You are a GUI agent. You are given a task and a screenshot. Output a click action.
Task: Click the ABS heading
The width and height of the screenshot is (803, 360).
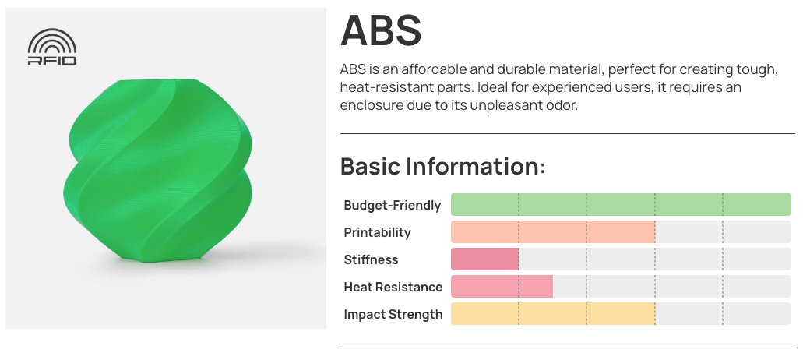(x=381, y=30)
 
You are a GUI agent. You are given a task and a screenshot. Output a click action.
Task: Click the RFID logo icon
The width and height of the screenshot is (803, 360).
(x=52, y=47)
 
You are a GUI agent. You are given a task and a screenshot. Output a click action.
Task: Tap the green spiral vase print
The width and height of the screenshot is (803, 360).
(x=159, y=171)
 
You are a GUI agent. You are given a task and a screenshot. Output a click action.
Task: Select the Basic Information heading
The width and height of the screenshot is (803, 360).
(x=443, y=167)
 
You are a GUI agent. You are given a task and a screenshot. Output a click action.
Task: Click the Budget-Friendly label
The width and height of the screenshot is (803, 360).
(x=393, y=206)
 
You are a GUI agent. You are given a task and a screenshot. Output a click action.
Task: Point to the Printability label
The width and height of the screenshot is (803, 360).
(x=378, y=232)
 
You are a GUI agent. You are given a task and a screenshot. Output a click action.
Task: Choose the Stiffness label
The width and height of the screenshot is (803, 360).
(x=372, y=259)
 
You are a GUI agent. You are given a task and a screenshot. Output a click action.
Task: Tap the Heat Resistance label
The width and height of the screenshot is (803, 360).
(x=393, y=287)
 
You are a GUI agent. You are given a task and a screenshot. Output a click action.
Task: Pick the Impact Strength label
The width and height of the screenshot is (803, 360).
(x=393, y=315)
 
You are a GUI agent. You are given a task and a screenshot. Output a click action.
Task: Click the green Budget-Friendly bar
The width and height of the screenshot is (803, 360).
(x=621, y=204)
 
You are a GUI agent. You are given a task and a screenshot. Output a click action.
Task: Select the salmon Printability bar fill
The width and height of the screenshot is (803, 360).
(x=553, y=231)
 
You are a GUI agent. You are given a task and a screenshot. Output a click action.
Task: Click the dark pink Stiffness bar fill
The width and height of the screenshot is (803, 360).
(x=485, y=259)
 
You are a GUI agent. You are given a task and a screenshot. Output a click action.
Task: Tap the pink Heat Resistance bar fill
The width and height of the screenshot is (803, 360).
(x=502, y=286)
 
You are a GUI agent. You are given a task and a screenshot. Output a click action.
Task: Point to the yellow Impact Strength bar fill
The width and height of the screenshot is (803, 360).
(x=553, y=313)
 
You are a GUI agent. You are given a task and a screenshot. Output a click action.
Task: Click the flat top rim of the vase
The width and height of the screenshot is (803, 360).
(x=159, y=81)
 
